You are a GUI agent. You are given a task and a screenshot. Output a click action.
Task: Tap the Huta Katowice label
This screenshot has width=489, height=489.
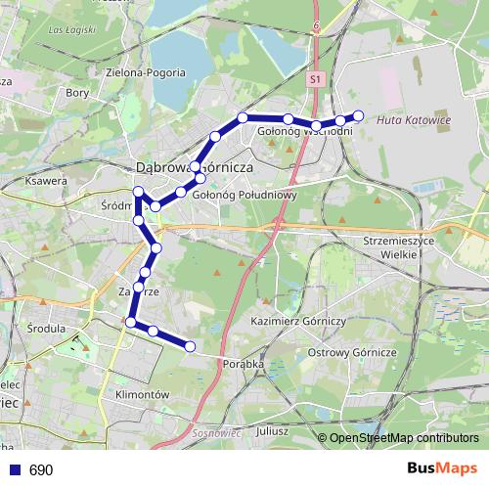[x=414, y=120]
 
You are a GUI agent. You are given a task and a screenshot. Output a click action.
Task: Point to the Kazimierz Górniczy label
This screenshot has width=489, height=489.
[x=299, y=321]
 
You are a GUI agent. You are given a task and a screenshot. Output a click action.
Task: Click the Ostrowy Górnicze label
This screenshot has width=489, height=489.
[x=351, y=351]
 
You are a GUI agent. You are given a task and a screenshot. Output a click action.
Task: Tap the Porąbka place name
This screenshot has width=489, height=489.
[x=244, y=364]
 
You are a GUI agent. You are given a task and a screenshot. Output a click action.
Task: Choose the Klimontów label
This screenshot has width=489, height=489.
[x=143, y=395]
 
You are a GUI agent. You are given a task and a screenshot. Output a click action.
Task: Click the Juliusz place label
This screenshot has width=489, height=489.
[x=273, y=429]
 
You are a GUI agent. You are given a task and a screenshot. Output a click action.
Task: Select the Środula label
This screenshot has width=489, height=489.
[x=46, y=329]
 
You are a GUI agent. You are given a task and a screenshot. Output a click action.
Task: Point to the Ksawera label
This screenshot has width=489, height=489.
[x=47, y=181]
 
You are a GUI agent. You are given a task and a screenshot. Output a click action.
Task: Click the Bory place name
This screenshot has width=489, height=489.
[x=76, y=93]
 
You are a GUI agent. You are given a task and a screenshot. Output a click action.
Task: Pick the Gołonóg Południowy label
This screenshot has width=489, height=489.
[x=244, y=195]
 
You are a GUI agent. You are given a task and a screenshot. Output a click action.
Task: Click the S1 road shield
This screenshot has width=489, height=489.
[x=314, y=78]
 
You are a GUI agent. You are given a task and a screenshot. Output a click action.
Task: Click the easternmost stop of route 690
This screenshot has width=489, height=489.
[x=358, y=115]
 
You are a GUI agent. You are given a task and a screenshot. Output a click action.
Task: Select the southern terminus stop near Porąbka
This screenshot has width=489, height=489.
[x=190, y=346]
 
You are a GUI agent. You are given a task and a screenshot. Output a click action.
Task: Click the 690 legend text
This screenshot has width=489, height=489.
[x=41, y=470]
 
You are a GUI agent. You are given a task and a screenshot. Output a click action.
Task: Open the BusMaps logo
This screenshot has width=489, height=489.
[x=442, y=469]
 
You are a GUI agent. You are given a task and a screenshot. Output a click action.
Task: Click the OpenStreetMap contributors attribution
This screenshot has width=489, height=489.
[x=403, y=437]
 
